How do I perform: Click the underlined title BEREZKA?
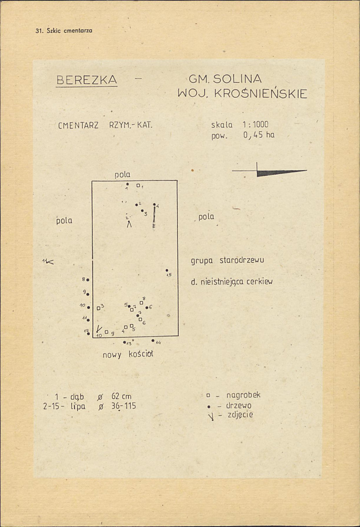[87, 80]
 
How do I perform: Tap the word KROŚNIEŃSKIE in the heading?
[261, 93]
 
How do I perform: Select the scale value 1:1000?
[255, 124]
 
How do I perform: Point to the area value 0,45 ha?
[259, 135]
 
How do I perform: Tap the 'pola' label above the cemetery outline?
[122, 175]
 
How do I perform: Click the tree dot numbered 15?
[167, 270]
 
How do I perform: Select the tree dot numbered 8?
[88, 280]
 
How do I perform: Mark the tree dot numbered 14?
[153, 341]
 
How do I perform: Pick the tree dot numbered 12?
[88, 333]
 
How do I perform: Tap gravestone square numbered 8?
[142, 303]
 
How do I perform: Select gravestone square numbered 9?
[107, 332]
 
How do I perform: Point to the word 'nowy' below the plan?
[112, 355]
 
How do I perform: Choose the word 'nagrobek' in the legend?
[243, 395]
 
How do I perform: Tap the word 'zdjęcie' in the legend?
[240, 415]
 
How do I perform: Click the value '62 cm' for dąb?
[121, 396]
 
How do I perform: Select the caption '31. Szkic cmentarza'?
[64, 31]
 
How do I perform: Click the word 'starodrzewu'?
[242, 260]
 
